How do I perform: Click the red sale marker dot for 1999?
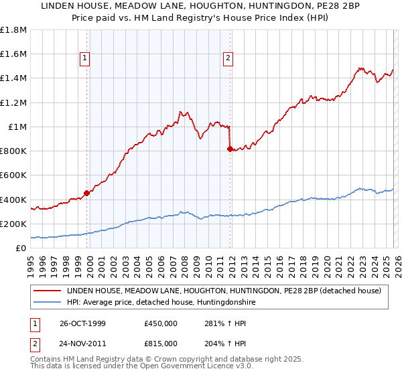click(x=87, y=194)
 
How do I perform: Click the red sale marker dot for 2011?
click(x=230, y=149)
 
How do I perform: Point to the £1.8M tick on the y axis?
click(x=13, y=30)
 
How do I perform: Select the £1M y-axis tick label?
click(x=17, y=127)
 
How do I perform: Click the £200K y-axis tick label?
click(x=13, y=224)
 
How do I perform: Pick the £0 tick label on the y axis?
click(x=21, y=248)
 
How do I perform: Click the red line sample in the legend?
click(x=48, y=291)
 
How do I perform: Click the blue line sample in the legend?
click(x=48, y=303)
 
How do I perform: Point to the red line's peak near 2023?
click(x=360, y=68)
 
